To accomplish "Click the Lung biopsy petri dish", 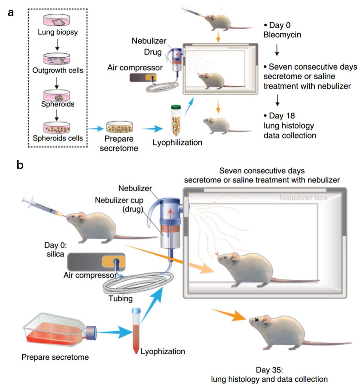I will [58, 21].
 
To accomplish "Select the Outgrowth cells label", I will [58, 70].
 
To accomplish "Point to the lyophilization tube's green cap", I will [176, 107].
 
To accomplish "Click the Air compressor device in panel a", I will [143, 77].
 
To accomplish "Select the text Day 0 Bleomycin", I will [282, 30].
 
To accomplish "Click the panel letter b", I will [20, 165].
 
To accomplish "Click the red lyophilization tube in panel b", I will [136, 330].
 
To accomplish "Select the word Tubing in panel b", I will [121, 298].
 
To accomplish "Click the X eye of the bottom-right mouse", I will [257, 320].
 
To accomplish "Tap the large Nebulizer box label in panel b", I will [303, 198].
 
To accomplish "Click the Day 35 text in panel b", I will [269, 370].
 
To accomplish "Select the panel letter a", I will [11, 13].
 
